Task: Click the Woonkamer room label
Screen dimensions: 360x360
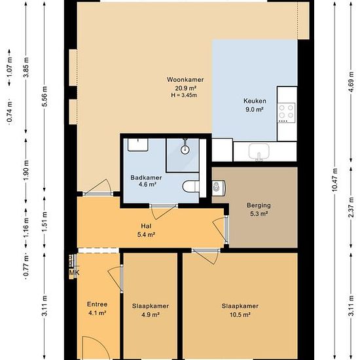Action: pos(185,87)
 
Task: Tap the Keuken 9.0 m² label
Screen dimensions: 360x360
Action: pos(255,105)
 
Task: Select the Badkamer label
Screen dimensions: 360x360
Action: pos(146,181)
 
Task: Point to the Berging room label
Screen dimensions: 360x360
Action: pos(259,209)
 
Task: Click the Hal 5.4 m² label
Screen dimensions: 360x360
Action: pos(146,230)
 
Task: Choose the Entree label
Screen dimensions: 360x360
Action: pos(97,308)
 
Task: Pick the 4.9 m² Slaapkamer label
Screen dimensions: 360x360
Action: pos(151,310)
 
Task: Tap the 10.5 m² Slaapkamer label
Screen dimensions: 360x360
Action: pos(240,310)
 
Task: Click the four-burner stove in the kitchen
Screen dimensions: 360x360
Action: pos(286,113)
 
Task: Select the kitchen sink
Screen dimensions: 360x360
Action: pos(259,152)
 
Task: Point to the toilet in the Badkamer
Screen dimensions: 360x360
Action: pos(190,186)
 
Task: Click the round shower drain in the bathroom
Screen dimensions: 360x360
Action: pos(185,150)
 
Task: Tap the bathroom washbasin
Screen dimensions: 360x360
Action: pos(137,145)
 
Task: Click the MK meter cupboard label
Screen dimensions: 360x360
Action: pos(74,273)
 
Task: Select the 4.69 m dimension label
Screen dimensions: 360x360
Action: pos(351,82)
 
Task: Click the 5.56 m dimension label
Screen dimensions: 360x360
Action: pos(45,96)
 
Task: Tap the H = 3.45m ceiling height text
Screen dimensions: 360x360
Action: pos(184,95)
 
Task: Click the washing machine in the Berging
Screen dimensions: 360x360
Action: pos(219,188)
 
